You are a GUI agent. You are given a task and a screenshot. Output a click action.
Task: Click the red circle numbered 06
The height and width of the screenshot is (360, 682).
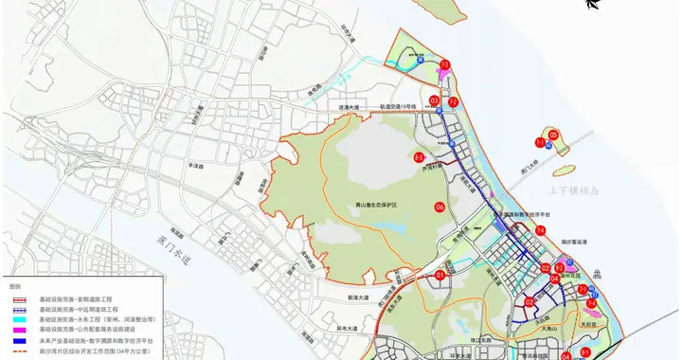coord(440,207)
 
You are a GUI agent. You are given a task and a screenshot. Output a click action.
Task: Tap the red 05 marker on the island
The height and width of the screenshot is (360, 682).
coord(553,135)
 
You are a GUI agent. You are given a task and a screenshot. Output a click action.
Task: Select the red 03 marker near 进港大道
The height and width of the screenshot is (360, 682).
coord(434,99)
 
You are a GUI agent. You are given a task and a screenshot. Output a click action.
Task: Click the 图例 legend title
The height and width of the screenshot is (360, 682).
coord(14,285)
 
